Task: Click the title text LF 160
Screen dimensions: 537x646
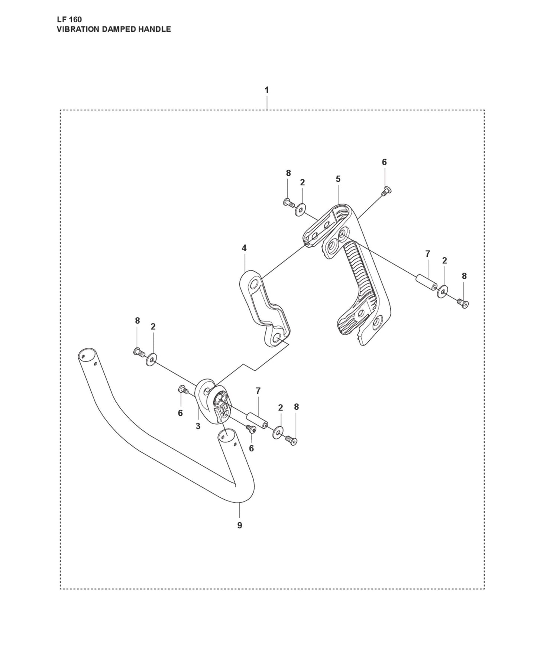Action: (69, 20)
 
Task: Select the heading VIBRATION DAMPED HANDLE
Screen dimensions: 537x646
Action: (114, 29)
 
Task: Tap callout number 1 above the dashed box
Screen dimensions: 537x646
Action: (266, 90)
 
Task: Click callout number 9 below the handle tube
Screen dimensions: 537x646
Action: (240, 525)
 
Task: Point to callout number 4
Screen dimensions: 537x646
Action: (244, 248)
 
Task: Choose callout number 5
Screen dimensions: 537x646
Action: (338, 179)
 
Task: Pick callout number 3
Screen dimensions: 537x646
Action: (198, 426)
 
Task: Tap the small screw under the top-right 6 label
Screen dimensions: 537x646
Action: (385, 191)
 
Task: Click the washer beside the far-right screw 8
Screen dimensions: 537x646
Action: (443, 291)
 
